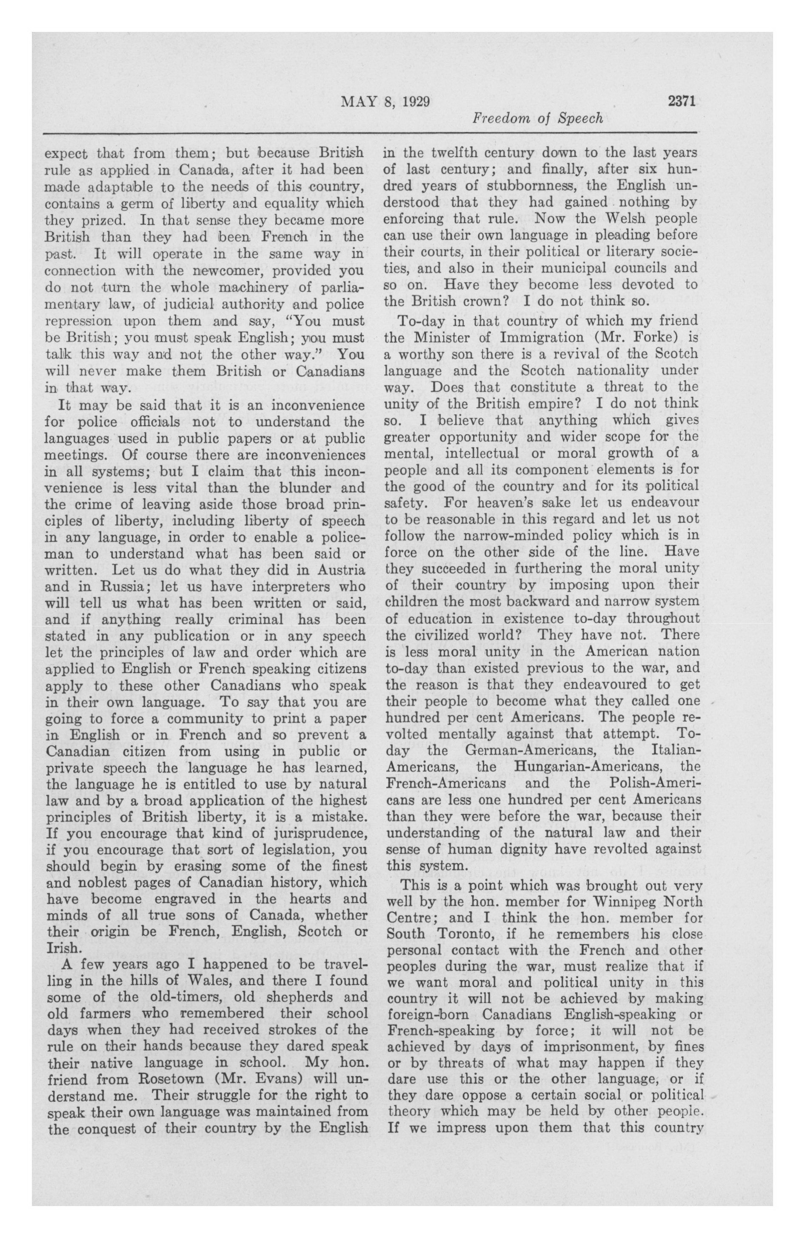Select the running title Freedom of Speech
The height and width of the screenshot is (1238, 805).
[537, 119]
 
